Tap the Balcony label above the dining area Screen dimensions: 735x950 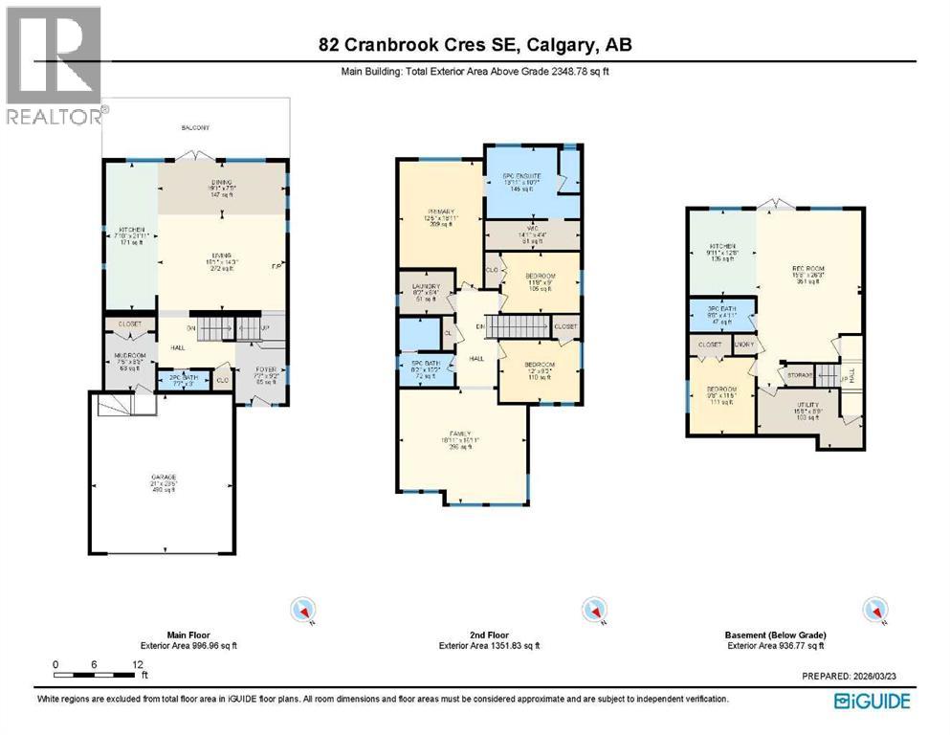[195, 128]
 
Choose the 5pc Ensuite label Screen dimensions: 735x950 [522, 177]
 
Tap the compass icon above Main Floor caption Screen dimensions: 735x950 [305, 609]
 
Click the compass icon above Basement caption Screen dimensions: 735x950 [873, 609]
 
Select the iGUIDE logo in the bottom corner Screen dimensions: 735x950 [872, 701]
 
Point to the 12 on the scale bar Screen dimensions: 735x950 [138, 664]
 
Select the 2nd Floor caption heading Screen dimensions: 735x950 [489, 635]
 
